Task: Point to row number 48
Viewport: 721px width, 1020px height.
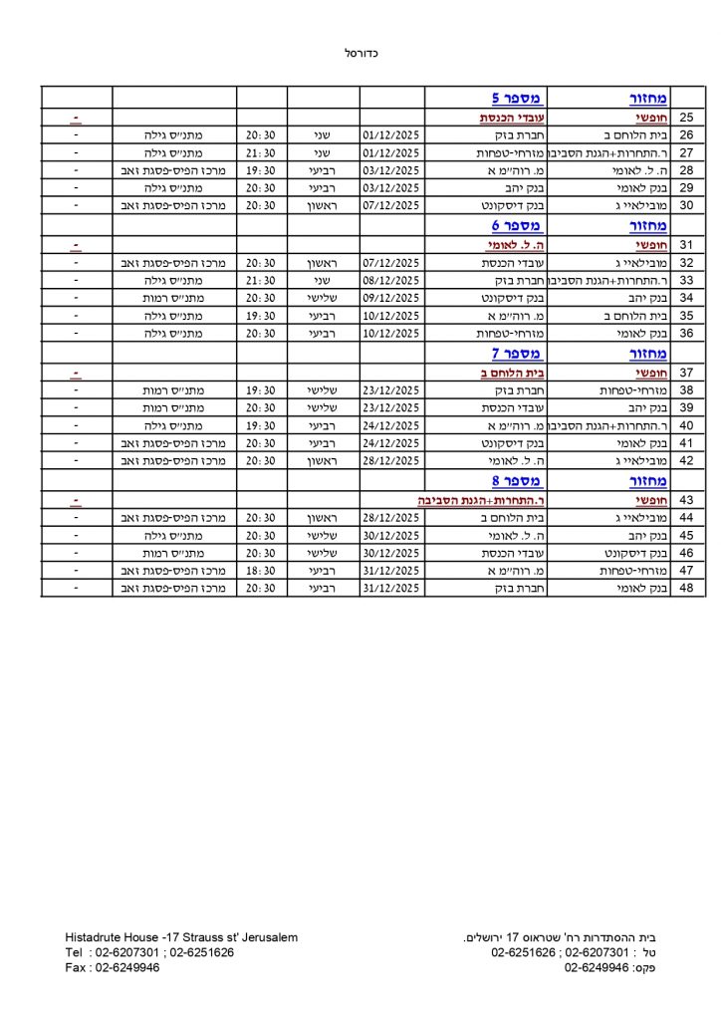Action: click(x=686, y=589)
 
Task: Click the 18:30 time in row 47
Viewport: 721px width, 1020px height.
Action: click(x=262, y=571)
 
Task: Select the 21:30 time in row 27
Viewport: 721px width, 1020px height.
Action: click(x=262, y=152)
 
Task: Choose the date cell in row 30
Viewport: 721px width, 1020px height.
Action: click(x=392, y=206)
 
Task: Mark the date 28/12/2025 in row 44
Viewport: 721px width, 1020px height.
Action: click(x=392, y=517)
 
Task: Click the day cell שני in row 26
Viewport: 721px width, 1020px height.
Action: click(x=323, y=134)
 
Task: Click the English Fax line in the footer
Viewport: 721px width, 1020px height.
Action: click(x=113, y=967)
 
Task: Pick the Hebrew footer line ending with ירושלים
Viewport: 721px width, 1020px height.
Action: click(x=564, y=937)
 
